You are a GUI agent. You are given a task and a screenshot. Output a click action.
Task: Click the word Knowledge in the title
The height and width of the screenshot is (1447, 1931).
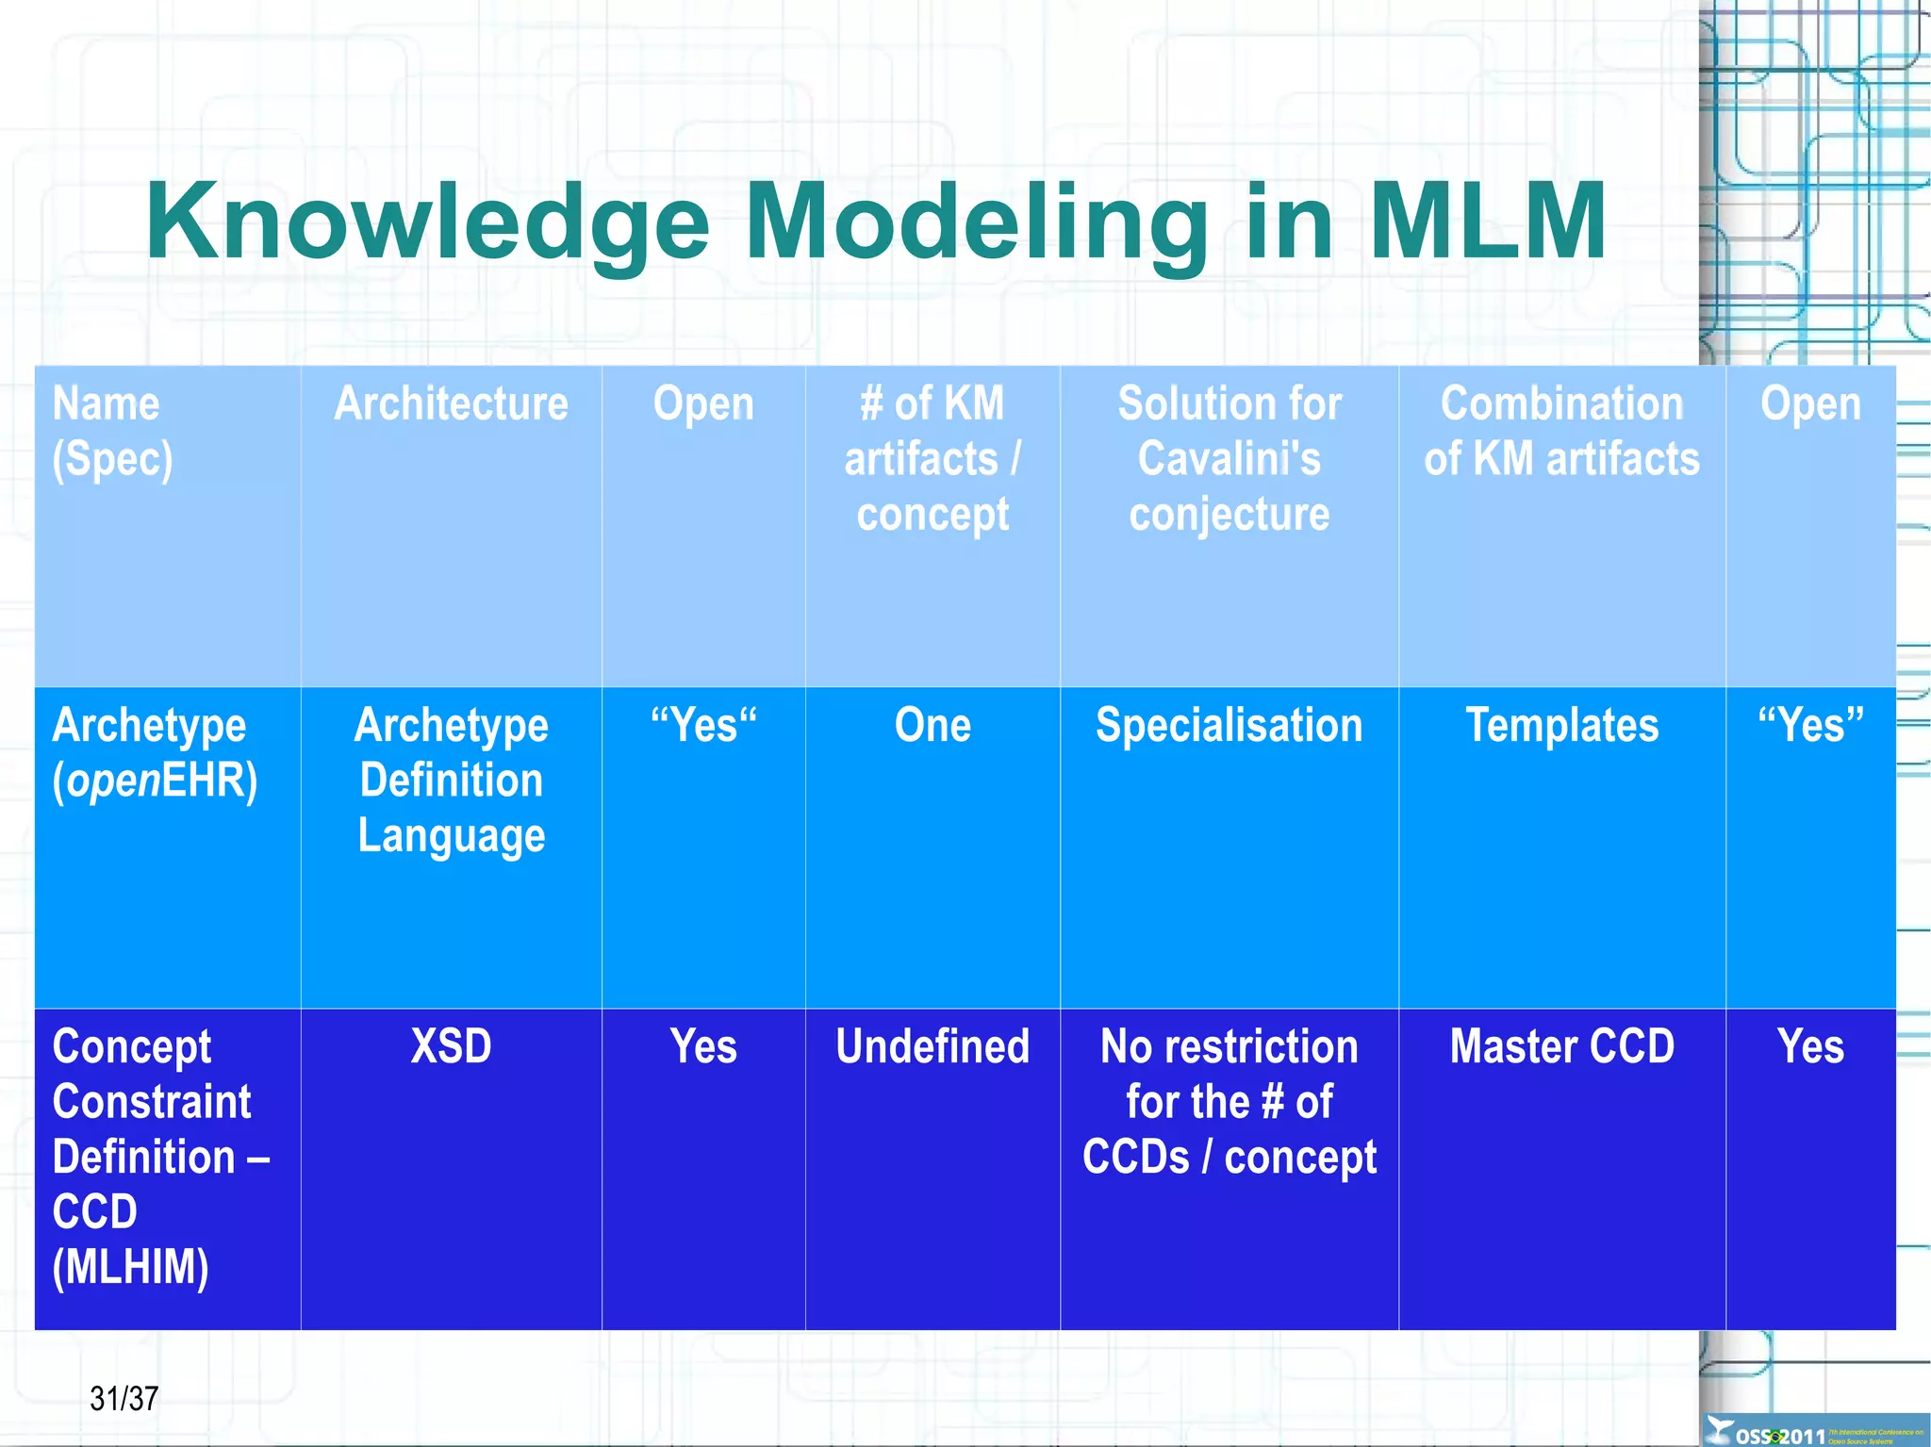[x=426, y=222]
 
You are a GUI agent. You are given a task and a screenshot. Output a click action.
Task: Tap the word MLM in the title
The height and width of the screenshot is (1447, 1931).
[x=1487, y=222]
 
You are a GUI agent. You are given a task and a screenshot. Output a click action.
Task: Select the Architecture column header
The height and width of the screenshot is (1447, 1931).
[x=451, y=404]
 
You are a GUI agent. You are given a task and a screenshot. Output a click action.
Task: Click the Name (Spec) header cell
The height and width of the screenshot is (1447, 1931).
[x=112, y=431]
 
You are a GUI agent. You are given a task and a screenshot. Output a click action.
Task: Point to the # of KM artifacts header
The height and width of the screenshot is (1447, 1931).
[x=932, y=458]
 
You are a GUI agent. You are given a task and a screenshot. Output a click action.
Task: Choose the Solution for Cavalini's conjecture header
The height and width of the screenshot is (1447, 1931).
[x=1229, y=458]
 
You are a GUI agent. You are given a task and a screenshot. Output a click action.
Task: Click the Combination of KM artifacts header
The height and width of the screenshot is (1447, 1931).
[x=1561, y=431]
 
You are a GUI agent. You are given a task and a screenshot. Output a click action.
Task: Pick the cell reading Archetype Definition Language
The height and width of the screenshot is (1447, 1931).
[x=451, y=781]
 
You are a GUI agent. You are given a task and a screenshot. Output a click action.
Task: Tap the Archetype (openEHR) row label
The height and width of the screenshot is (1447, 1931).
[x=154, y=752]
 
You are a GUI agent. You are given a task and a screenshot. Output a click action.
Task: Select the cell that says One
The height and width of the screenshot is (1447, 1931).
[x=932, y=726]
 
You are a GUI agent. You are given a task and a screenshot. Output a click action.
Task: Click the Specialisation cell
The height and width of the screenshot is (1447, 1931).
[x=1229, y=726]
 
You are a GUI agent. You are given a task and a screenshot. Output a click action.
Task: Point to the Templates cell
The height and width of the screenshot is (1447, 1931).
[x=1561, y=726]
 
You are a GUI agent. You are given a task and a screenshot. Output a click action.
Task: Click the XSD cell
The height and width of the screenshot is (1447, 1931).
[x=451, y=1046]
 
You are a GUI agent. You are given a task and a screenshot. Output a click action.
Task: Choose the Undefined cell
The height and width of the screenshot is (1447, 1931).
[x=932, y=1046]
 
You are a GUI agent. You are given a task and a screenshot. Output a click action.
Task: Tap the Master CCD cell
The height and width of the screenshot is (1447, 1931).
[x=1561, y=1046]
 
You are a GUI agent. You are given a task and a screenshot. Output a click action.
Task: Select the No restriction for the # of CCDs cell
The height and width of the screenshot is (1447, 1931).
[x=1229, y=1102]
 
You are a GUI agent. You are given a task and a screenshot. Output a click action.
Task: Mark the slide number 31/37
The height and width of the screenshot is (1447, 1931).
[x=124, y=1398]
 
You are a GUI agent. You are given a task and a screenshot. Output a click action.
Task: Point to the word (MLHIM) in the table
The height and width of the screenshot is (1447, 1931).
[x=130, y=1267]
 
